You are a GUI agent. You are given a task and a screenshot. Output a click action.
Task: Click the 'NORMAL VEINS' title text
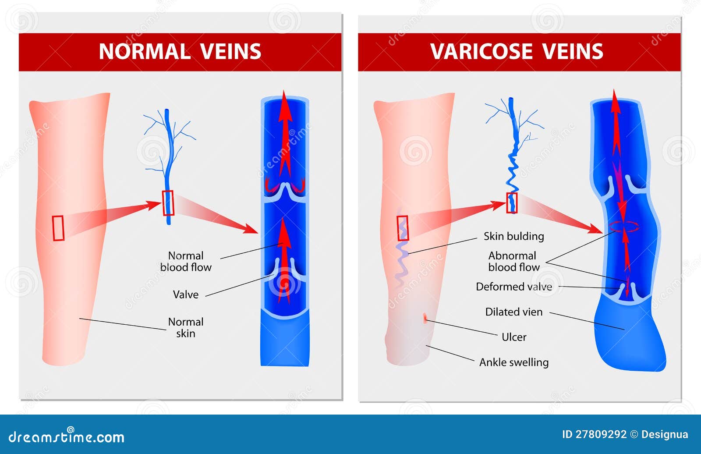tap(180, 51)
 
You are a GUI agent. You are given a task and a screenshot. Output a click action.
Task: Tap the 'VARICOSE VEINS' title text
tap(517, 51)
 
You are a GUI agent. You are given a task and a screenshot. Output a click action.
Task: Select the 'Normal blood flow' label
tap(186, 262)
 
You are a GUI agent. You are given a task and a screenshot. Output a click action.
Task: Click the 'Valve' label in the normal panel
tap(186, 294)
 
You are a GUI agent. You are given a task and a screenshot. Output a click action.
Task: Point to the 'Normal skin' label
tap(186, 327)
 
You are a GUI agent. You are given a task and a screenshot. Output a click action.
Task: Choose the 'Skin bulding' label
tap(514, 236)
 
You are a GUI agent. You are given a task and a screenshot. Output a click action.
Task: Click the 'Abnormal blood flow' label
tap(514, 262)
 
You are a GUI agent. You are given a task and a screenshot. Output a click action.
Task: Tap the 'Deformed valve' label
tap(514, 287)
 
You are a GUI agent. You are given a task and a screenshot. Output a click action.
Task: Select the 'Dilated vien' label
tap(514, 312)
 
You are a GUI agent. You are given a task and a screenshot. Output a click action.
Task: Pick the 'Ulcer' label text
tap(514, 337)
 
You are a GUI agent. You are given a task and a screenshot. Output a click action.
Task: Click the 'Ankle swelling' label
tap(514, 362)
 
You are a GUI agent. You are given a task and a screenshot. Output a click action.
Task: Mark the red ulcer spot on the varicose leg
tap(425, 318)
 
